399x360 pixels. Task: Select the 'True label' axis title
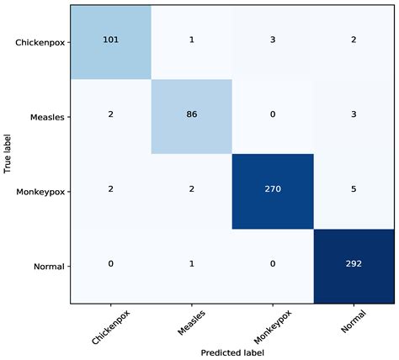click(x=7, y=153)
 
